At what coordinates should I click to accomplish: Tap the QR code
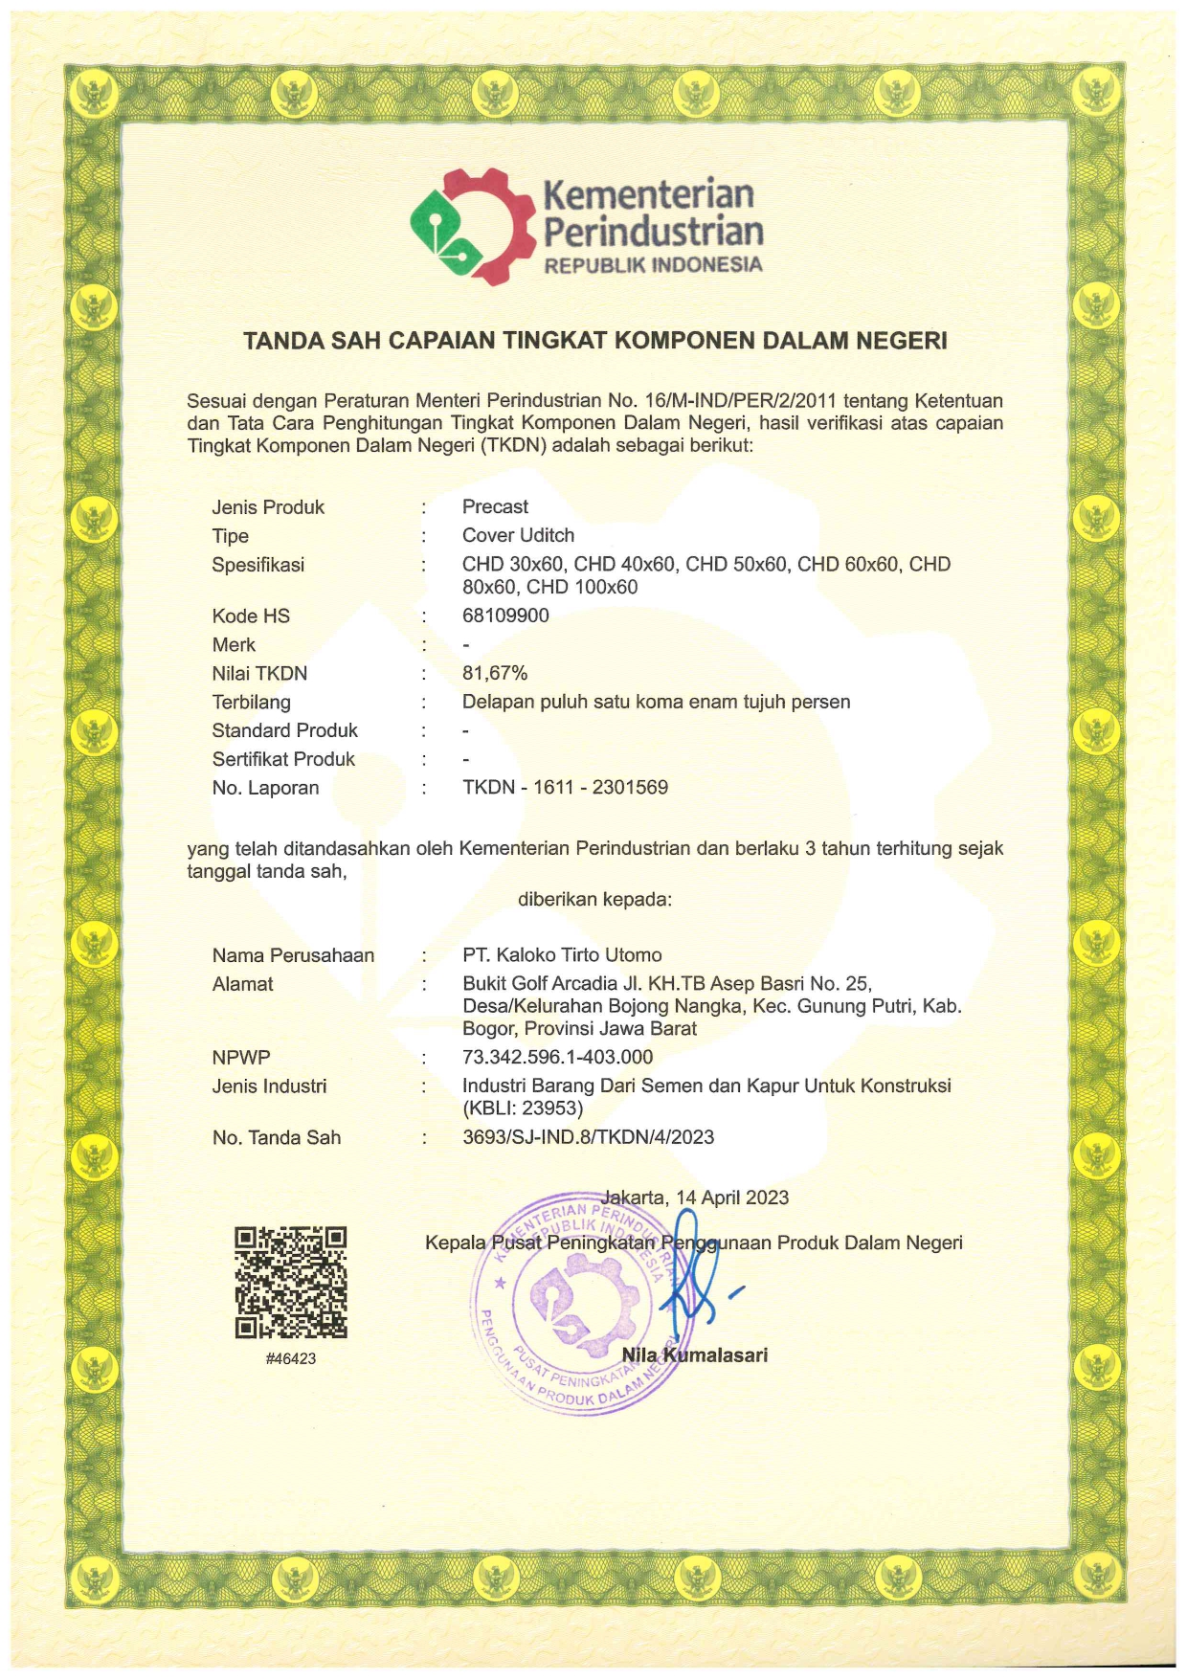coord(291,1282)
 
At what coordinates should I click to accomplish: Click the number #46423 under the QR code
coord(291,1358)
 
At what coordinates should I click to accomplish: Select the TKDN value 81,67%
coord(495,673)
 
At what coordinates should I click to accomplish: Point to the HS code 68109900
coord(505,616)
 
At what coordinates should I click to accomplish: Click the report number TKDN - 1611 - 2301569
coord(565,787)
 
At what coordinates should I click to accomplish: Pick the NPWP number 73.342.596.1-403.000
coord(557,1057)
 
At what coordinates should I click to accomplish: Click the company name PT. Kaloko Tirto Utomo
coord(562,954)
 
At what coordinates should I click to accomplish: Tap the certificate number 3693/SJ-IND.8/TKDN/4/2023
coord(588,1137)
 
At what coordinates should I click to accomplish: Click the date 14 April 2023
coord(732,1198)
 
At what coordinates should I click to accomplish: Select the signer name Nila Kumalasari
coord(695,1354)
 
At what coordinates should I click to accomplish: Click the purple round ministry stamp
coord(572,1304)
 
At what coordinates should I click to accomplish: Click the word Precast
coord(495,506)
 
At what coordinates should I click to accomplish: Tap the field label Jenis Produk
coord(268,507)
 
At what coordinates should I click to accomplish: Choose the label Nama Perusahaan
coord(293,955)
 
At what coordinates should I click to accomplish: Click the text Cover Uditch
coord(518,535)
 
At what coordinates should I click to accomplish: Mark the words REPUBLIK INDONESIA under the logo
coord(653,265)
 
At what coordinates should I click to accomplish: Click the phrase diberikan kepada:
coord(594,899)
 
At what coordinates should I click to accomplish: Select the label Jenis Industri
coord(269,1086)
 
